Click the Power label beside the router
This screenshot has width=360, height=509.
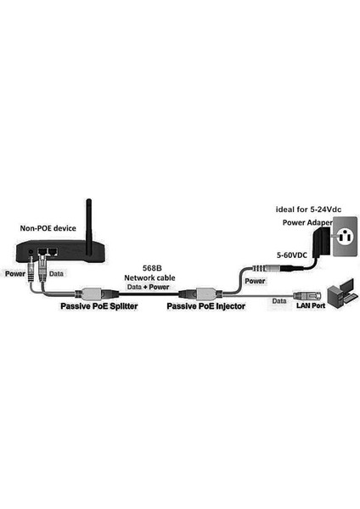(x=14, y=274)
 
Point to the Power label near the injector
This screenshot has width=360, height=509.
(x=255, y=279)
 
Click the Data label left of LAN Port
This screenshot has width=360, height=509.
(x=279, y=301)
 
